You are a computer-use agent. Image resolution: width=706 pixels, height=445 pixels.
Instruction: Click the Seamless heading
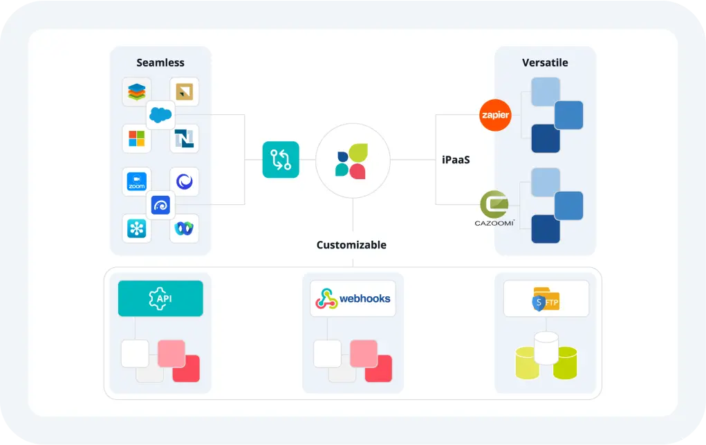160,63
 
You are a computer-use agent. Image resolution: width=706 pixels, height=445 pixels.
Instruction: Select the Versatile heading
545,63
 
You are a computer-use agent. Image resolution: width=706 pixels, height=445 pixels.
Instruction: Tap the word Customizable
351,245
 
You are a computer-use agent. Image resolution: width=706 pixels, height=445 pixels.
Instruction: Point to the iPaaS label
456,160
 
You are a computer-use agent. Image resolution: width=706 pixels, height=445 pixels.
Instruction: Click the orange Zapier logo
495,115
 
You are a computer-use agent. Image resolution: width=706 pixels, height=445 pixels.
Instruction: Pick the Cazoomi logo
494,208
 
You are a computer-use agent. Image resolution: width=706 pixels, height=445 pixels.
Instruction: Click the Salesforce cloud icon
160,115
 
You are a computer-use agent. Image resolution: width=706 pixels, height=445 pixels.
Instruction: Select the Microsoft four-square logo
136,138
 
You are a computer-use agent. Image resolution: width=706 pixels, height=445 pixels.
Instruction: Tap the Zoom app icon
136,182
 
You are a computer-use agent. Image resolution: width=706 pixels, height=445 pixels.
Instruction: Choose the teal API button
160,298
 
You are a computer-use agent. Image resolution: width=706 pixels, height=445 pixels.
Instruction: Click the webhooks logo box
353,298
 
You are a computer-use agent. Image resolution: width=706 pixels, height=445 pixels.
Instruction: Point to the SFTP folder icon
546,299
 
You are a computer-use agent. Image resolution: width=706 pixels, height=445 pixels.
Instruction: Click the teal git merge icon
281,160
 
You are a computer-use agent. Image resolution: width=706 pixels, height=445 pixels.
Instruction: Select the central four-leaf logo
353,161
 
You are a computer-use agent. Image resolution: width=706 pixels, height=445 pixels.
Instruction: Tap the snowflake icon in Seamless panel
136,228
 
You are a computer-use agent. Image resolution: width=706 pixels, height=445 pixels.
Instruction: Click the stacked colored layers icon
136,91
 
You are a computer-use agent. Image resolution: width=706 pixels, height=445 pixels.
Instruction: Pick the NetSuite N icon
184,138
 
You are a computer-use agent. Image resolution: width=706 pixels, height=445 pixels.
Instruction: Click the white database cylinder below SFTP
546,348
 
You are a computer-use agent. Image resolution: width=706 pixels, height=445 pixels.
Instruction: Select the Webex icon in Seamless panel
184,228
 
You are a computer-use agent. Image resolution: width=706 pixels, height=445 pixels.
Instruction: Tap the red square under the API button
186,368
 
